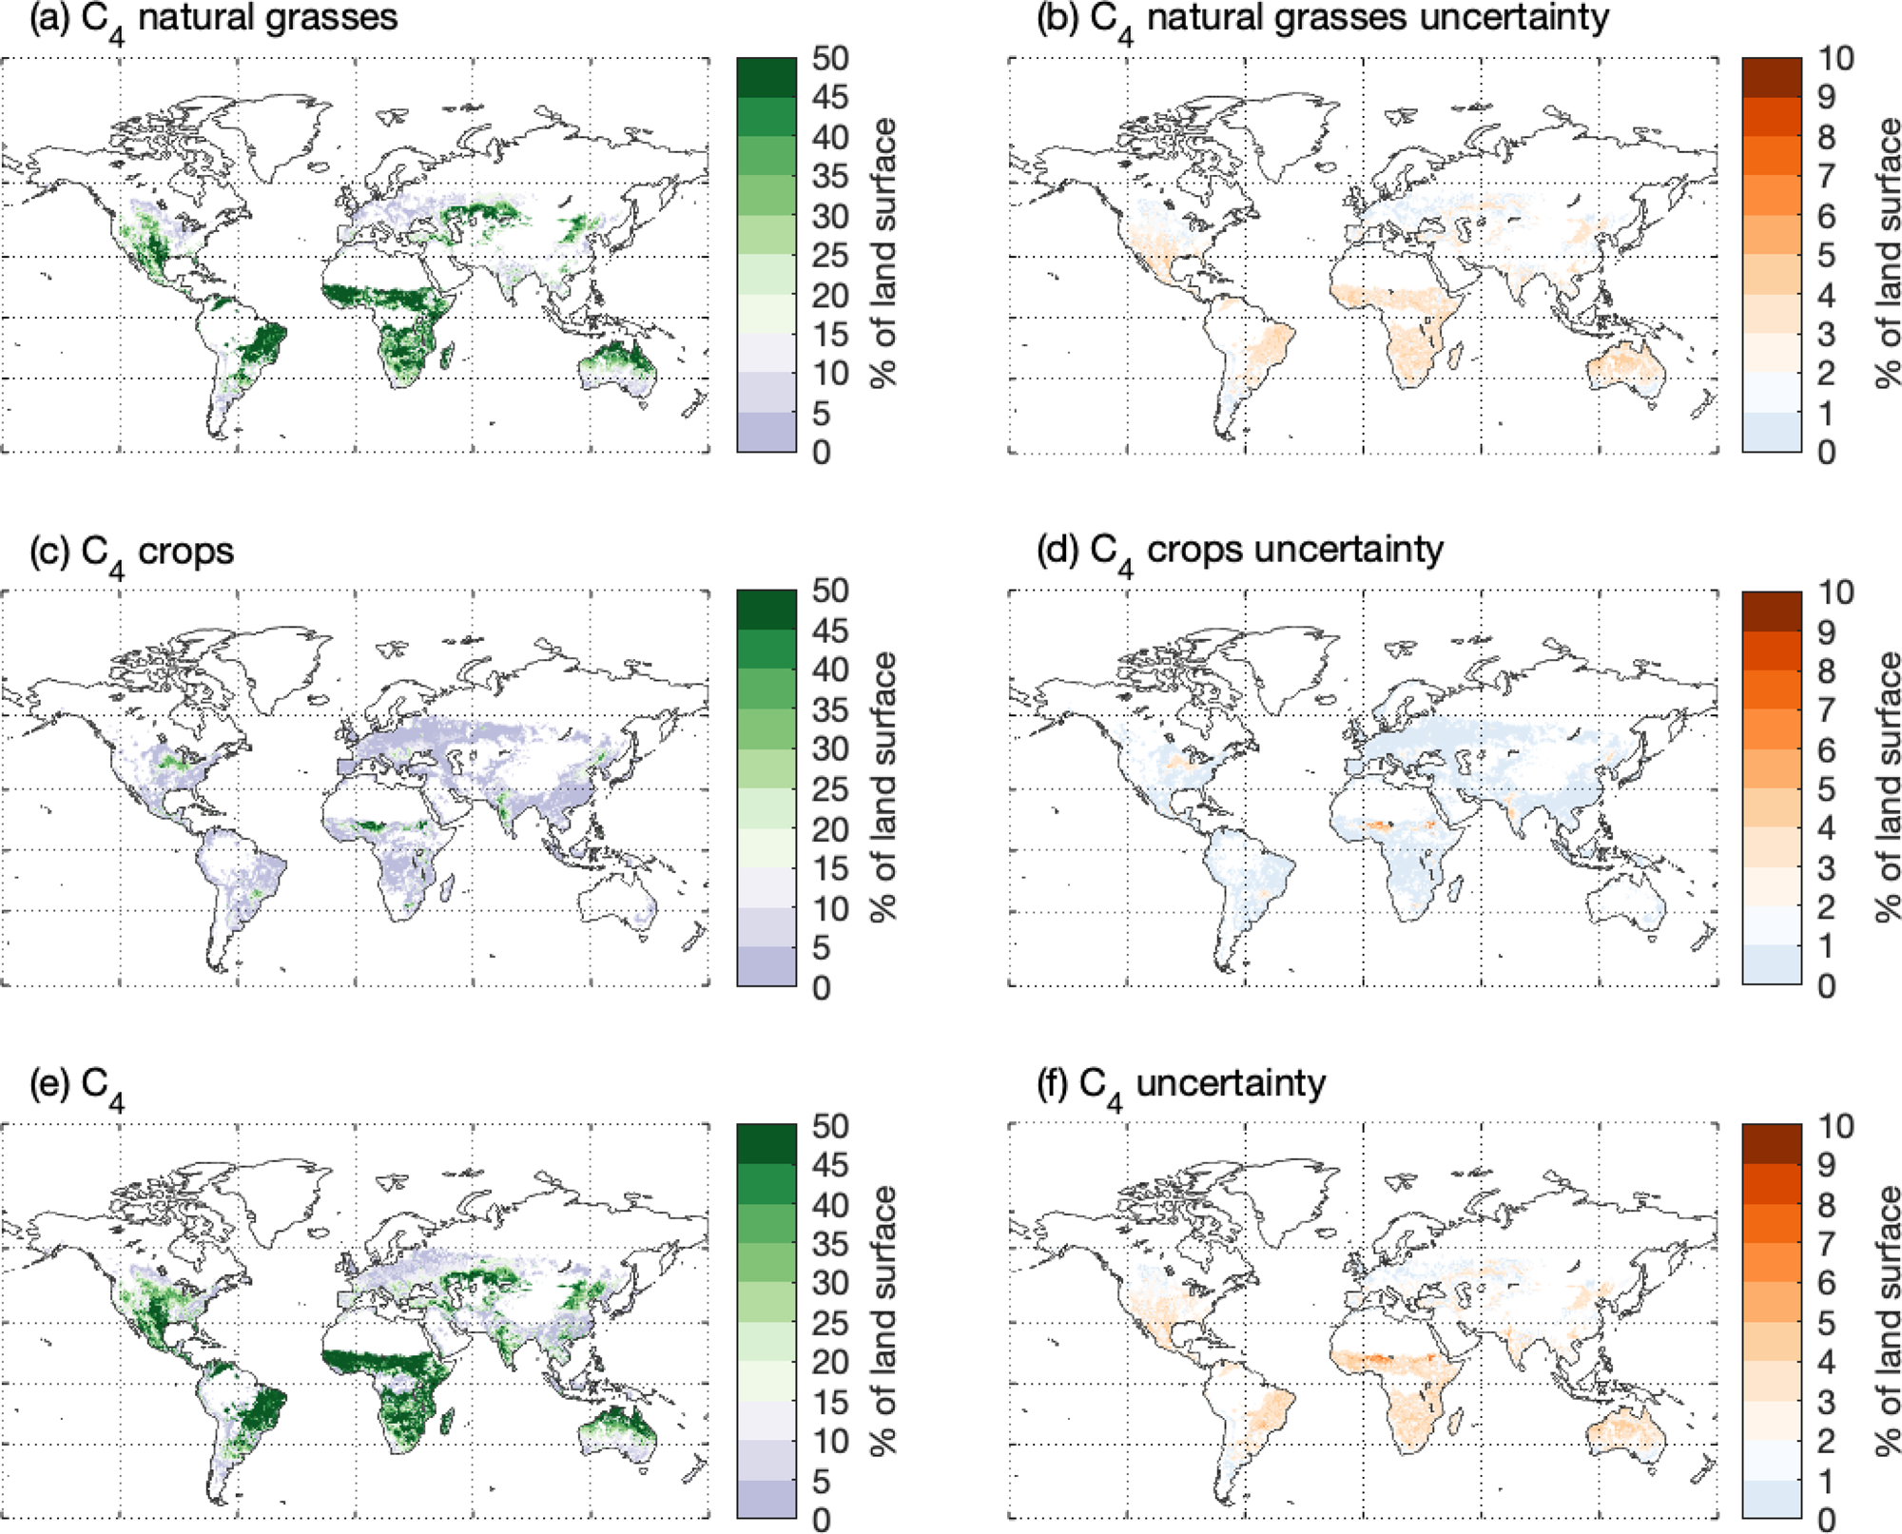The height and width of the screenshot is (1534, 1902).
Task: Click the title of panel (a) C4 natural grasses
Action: click(x=213, y=19)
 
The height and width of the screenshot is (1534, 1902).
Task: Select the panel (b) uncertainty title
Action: click(x=1322, y=19)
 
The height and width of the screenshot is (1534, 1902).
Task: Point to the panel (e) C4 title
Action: click(x=76, y=1086)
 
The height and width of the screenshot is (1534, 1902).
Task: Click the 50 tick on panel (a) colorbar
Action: click(x=829, y=59)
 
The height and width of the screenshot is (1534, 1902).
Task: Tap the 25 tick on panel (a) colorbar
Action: click(x=829, y=256)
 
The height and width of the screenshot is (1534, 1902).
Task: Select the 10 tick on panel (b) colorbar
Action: click(x=1835, y=59)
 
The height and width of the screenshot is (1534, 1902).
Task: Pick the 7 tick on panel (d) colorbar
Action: click(x=1826, y=710)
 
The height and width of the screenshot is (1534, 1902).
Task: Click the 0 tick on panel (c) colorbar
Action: click(x=821, y=987)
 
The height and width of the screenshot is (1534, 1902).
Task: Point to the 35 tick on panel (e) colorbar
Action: click(x=829, y=1245)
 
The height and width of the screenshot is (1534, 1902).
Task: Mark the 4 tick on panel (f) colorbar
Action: click(x=1826, y=1363)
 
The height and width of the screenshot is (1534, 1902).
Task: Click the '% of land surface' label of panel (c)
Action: click(x=883, y=787)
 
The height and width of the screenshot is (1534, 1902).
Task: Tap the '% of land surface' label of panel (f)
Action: click(x=1889, y=1321)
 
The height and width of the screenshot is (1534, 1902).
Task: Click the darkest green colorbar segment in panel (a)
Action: click(x=767, y=78)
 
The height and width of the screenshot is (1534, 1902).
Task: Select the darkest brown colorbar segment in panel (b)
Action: click(x=1772, y=78)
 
